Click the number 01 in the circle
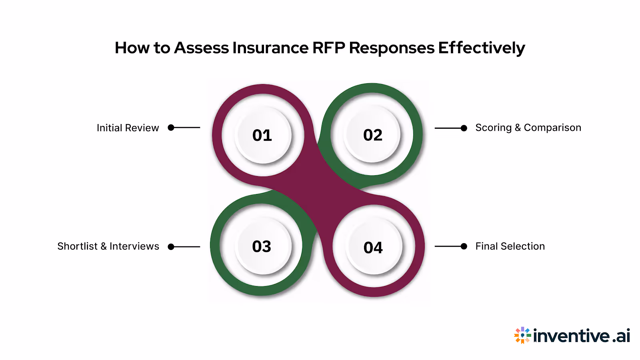click(262, 135)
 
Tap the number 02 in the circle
click(373, 135)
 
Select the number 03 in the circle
click(262, 246)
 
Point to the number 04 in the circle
click(373, 248)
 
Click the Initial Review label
click(128, 128)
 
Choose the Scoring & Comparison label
click(528, 128)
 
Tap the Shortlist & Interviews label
click(108, 246)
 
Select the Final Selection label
click(510, 246)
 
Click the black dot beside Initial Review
click(171, 128)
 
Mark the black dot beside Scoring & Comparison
click(464, 128)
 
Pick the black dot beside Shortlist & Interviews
click(171, 247)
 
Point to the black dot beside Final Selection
click(464, 246)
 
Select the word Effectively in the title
click(481, 48)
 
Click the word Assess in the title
click(202, 48)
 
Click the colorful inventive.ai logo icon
click(522, 335)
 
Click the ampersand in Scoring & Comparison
click(518, 128)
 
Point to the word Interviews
click(134, 246)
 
